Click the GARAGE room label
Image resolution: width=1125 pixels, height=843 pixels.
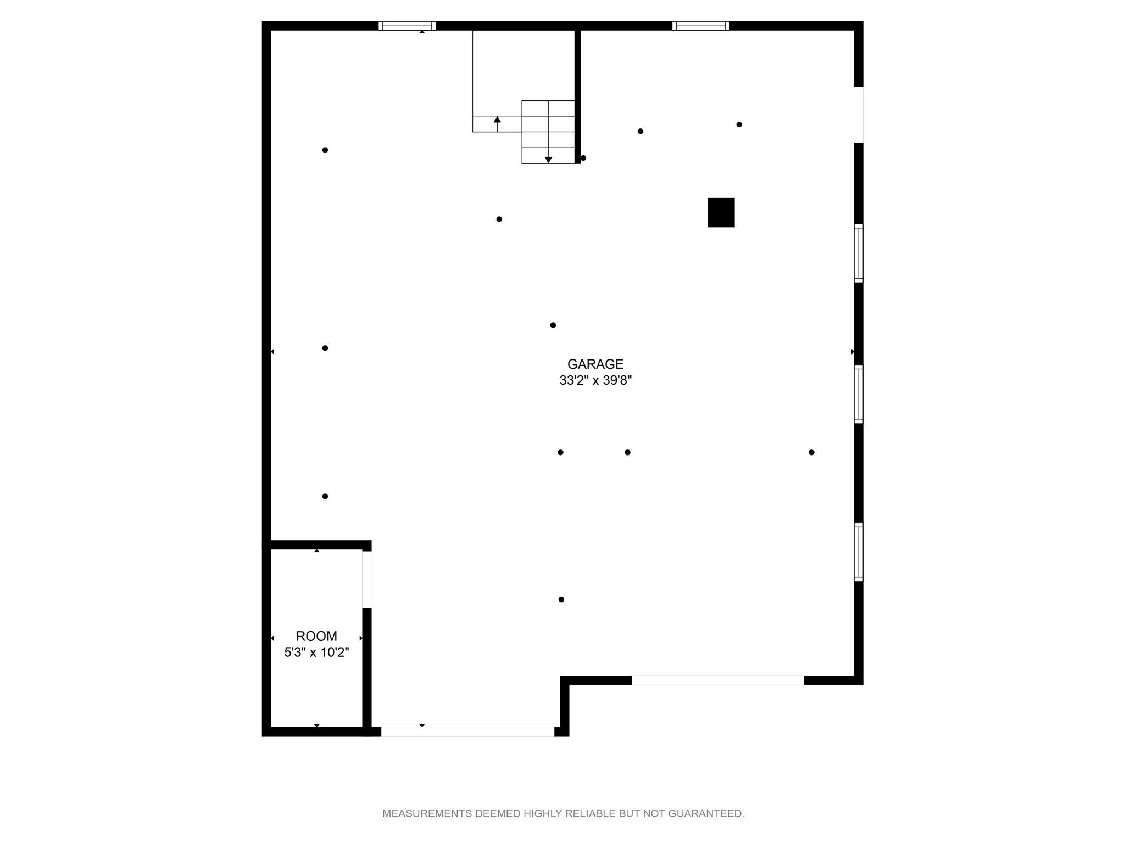595,364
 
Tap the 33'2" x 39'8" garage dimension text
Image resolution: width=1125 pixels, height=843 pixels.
595,380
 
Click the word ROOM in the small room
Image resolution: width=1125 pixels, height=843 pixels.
316,636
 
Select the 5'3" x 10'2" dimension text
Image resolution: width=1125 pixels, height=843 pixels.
316,653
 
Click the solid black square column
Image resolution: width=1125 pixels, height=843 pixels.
721,212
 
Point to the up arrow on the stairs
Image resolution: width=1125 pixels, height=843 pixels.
497,124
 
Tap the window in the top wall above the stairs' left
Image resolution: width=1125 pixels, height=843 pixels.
407,26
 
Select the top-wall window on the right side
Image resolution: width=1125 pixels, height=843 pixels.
701,26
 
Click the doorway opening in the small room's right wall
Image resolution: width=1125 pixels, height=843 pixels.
367,579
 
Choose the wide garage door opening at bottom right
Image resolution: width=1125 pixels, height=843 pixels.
718,681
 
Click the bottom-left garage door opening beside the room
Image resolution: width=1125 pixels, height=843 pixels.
467,732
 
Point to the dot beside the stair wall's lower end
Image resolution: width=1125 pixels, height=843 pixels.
583,158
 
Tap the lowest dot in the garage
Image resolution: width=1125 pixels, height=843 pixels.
561,599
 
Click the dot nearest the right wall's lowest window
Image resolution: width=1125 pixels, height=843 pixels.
811,452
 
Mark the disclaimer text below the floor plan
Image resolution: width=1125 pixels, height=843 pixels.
563,813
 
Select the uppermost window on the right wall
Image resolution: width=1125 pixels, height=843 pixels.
859,254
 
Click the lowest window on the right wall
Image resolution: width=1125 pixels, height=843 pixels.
859,552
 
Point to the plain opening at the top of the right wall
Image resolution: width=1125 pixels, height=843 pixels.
859,115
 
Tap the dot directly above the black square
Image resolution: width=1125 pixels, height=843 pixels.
739,125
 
